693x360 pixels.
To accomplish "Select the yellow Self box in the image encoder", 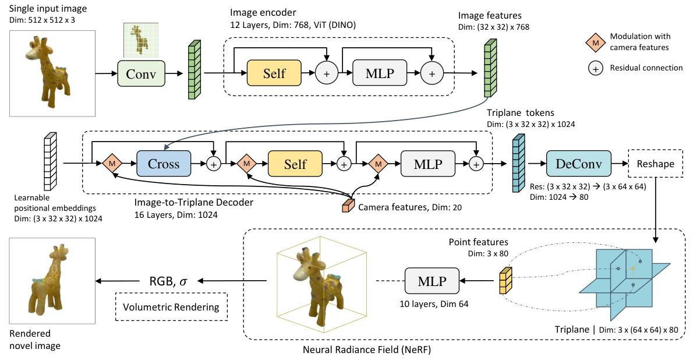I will click(x=274, y=73).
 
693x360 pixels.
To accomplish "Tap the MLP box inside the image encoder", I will click(x=379, y=73).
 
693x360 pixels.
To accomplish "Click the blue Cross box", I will click(x=164, y=164).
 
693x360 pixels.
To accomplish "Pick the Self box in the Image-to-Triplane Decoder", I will click(x=295, y=164).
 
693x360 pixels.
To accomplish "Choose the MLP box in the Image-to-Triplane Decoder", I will click(x=427, y=164).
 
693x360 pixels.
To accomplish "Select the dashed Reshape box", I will click(x=655, y=164).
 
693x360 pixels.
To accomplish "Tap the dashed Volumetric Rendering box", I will click(x=171, y=307).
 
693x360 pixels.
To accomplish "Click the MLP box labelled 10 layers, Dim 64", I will click(x=431, y=281).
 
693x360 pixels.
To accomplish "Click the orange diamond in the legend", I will click(x=593, y=43).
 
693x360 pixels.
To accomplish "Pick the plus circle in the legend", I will click(x=593, y=68).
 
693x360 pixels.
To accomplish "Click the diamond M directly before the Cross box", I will click(x=111, y=164).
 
